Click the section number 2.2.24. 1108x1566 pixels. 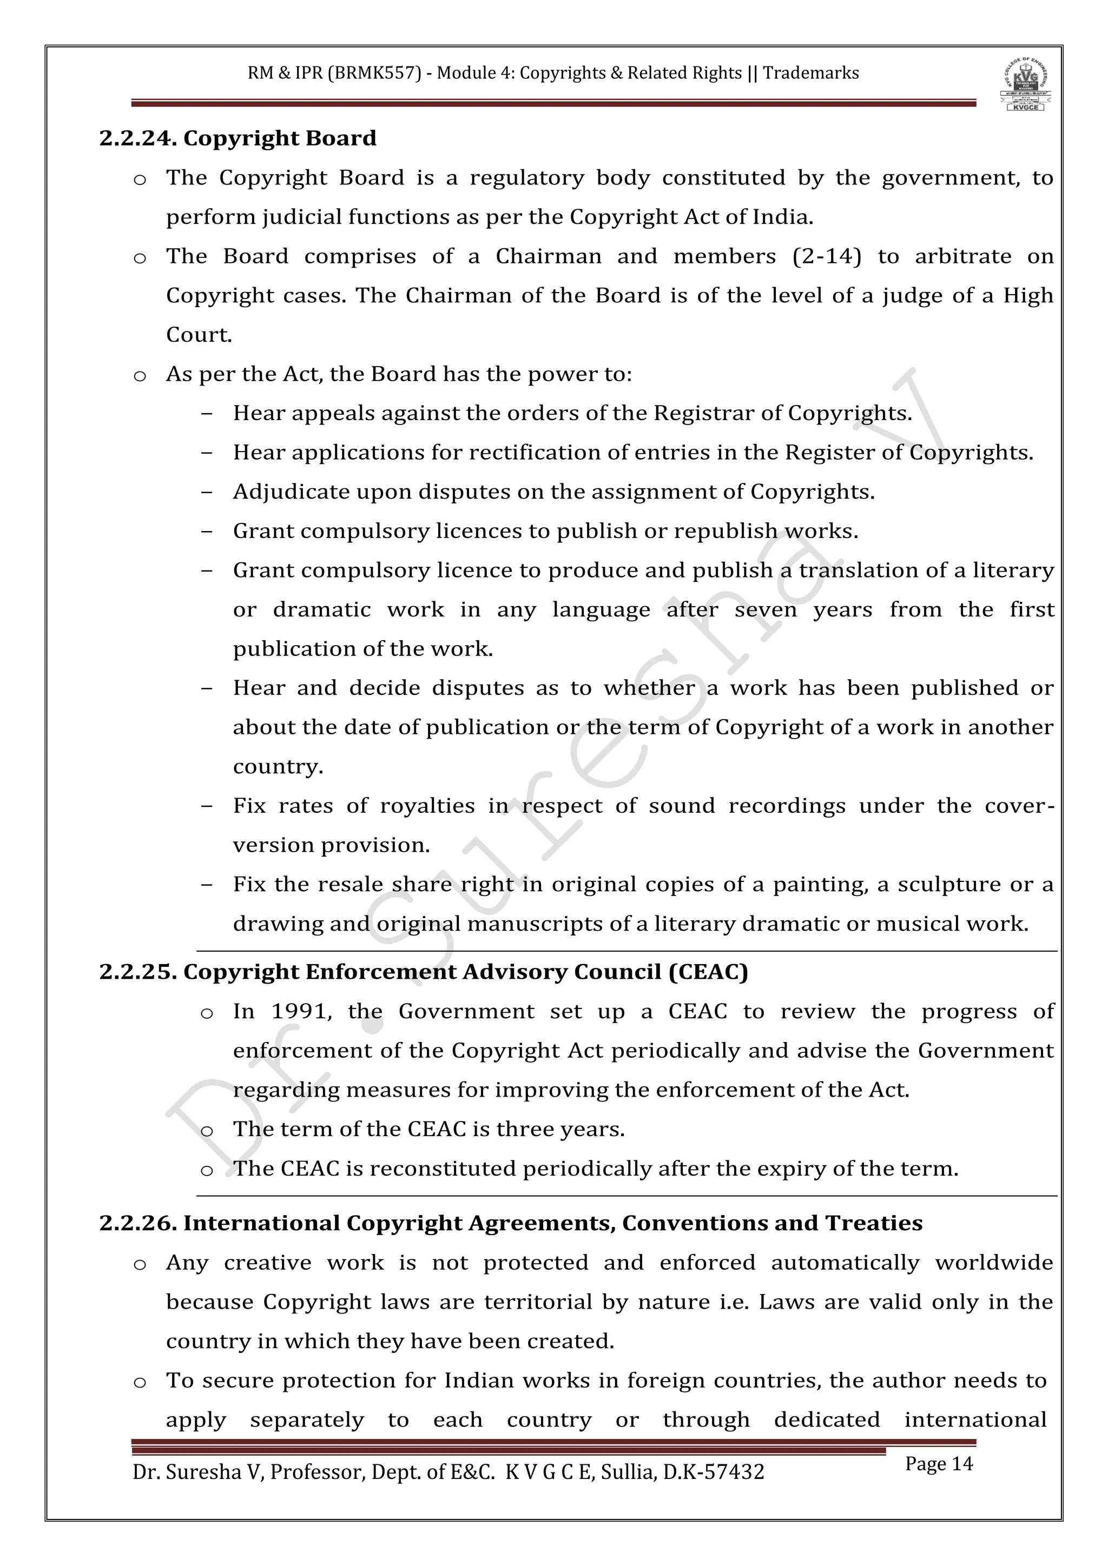tap(138, 138)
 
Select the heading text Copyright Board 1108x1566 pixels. tap(280, 138)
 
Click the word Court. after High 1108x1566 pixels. tap(199, 335)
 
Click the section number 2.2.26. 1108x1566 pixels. tap(138, 1223)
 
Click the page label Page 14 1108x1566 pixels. tap(939, 1464)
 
